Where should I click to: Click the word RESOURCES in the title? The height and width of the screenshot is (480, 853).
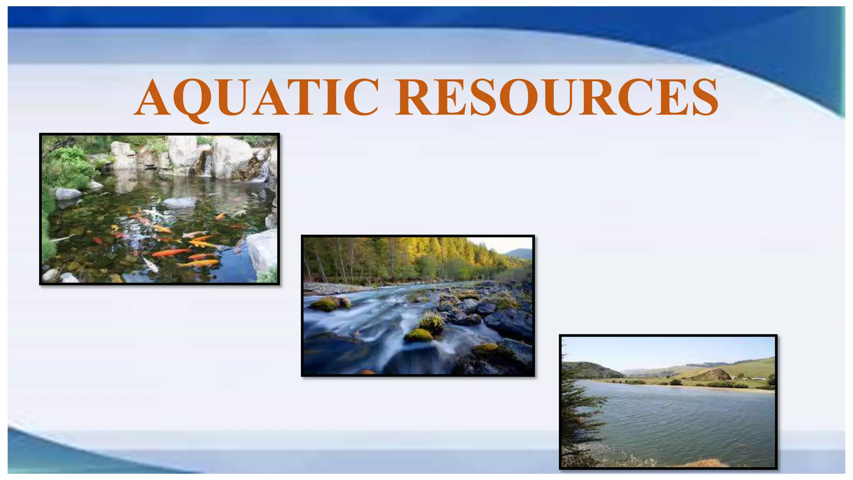(557, 98)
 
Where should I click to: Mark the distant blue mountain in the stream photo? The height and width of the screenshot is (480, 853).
(519, 253)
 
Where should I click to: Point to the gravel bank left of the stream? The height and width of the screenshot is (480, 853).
(333, 287)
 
